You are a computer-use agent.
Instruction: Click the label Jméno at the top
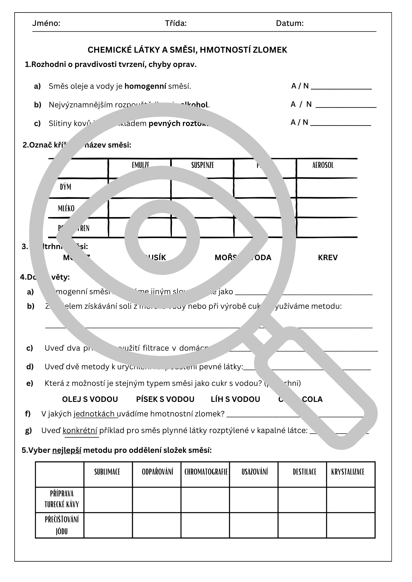[x=46, y=23]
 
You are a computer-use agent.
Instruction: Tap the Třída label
[x=176, y=23]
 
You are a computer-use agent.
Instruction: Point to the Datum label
[x=290, y=23]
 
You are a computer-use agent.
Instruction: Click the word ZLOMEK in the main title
[x=270, y=50]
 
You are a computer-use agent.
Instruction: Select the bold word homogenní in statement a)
[x=145, y=86]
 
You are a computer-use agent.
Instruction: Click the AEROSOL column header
[x=323, y=165]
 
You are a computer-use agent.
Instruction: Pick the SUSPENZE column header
[x=203, y=165]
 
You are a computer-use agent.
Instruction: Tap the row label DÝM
[x=66, y=187]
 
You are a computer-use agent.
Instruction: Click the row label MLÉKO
[x=66, y=208]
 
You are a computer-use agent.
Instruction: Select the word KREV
[x=328, y=258]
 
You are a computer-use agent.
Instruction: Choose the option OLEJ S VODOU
[x=90, y=399]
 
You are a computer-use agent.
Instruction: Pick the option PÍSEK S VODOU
[x=165, y=399]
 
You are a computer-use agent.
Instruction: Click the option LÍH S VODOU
[x=235, y=399]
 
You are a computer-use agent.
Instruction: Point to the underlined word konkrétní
[x=80, y=430]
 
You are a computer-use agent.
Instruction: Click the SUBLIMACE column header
[x=107, y=472]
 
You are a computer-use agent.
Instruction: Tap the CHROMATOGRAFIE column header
[x=206, y=472]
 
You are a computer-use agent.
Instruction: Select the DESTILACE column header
[x=304, y=472]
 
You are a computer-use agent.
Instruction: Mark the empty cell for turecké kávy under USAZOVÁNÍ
[x=254, y=500]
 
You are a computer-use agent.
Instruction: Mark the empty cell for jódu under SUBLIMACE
[x=108, y=525]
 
